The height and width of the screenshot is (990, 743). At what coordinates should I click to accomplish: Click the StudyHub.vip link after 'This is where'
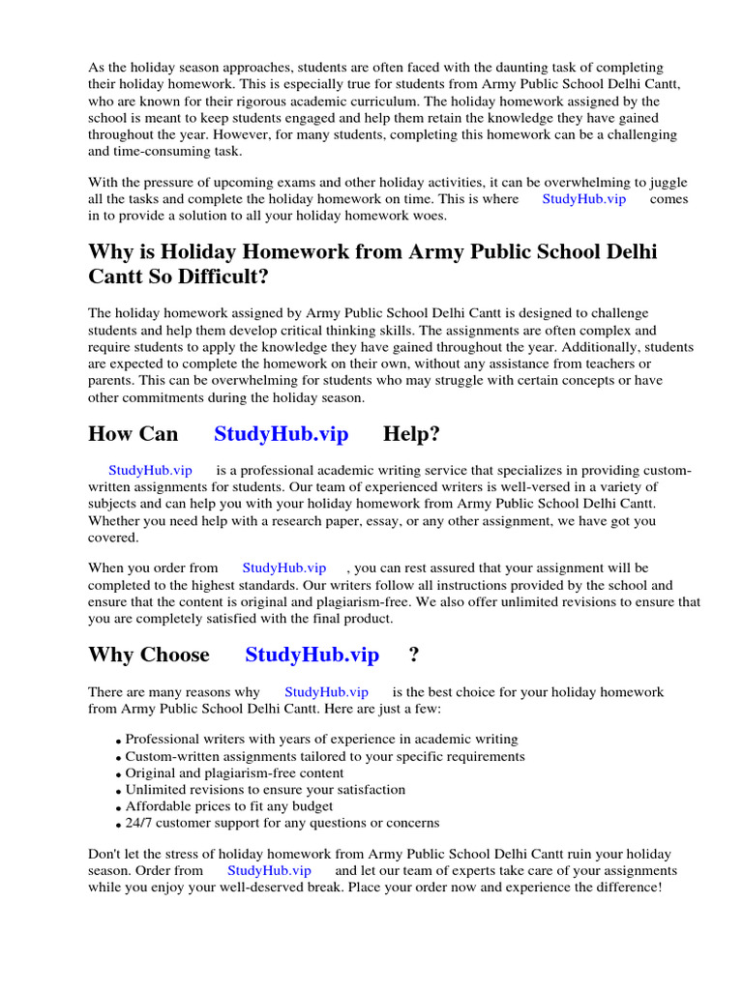[583, 199]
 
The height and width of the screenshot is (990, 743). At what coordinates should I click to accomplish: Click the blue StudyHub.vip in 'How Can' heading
[281, 434]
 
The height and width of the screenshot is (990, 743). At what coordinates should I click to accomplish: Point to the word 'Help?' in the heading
[411, 434]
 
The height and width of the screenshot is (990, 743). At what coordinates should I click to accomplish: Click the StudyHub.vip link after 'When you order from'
[283, 568]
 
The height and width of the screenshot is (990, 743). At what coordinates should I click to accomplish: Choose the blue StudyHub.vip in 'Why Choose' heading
[312, 655]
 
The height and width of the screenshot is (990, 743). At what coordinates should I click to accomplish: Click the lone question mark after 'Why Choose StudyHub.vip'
[414, 655]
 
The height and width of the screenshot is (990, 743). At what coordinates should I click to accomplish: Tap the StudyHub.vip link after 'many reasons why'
[326, 692]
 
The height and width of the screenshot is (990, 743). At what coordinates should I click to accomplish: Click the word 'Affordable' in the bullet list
[160, 806]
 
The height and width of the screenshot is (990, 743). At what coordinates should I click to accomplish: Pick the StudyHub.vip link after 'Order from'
[269, 870]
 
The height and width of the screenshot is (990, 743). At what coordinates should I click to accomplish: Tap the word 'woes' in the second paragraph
[429, 216]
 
